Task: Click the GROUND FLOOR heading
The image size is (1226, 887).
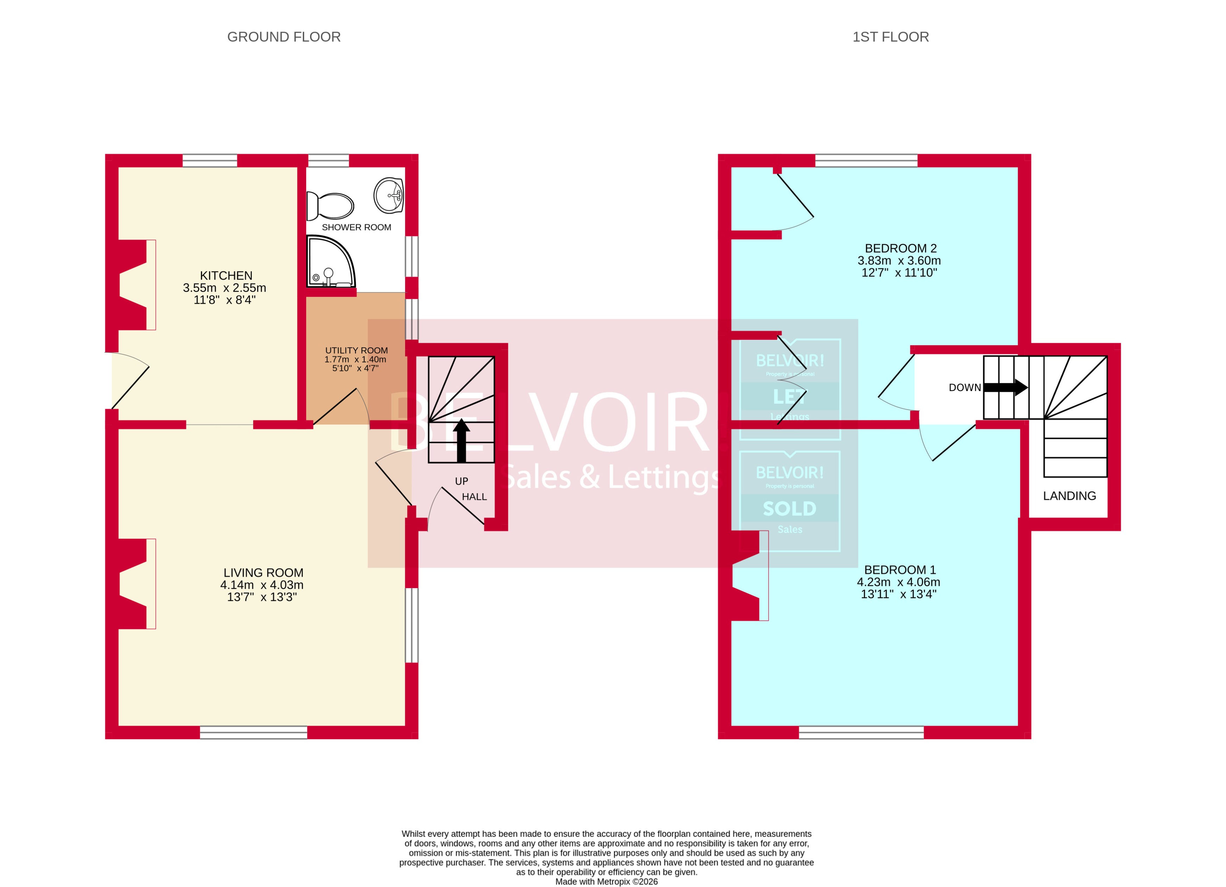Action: point(284,37)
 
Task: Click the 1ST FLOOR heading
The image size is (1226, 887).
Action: point(890,37)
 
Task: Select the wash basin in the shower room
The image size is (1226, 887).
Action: point(389,195)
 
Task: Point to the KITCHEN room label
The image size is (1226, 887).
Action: point(226,276)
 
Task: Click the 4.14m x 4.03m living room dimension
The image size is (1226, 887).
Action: point(262,585)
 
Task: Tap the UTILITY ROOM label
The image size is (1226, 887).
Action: point(356,350)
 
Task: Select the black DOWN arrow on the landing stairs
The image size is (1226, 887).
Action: point(1005,388)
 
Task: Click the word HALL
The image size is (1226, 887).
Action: point(474,497)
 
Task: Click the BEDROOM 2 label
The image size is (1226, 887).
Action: point(900,248)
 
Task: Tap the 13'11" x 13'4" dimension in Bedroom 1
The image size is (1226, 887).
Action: point(898,594)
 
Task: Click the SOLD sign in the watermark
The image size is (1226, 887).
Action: point(789,509)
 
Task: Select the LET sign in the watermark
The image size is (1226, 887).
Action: point(789,397)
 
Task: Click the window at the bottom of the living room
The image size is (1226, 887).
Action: point(253,732)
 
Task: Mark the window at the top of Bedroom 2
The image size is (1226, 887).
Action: point(866,161)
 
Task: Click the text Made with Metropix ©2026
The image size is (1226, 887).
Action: point(606,882)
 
